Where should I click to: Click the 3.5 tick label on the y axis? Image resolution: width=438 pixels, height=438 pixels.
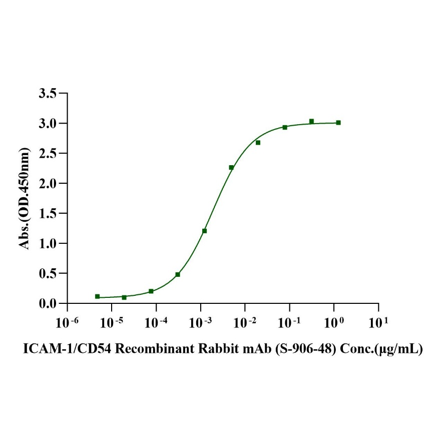tap(48, 94)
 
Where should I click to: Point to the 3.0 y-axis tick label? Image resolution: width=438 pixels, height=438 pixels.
tap(48, 124)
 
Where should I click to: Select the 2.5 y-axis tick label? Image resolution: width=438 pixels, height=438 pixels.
tap(48, 154)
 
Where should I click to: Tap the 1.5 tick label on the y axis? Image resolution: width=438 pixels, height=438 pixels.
tap(48, 214)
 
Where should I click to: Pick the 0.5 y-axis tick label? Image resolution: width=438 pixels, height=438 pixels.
tap(48, 274)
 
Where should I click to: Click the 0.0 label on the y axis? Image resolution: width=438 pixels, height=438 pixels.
tap(48, 304)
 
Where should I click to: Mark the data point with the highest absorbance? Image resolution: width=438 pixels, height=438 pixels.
tap(311, 121)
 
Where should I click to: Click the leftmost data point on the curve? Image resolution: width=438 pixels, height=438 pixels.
tap(97, 296)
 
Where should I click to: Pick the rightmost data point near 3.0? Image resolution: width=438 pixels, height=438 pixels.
tap(338, 122)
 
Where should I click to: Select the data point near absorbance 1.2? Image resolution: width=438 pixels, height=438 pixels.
tap(204, 231)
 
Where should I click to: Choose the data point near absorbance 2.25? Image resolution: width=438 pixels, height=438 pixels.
tap(231, 167)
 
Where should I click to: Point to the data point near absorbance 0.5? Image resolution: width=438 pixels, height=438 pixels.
tap(178, 274)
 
